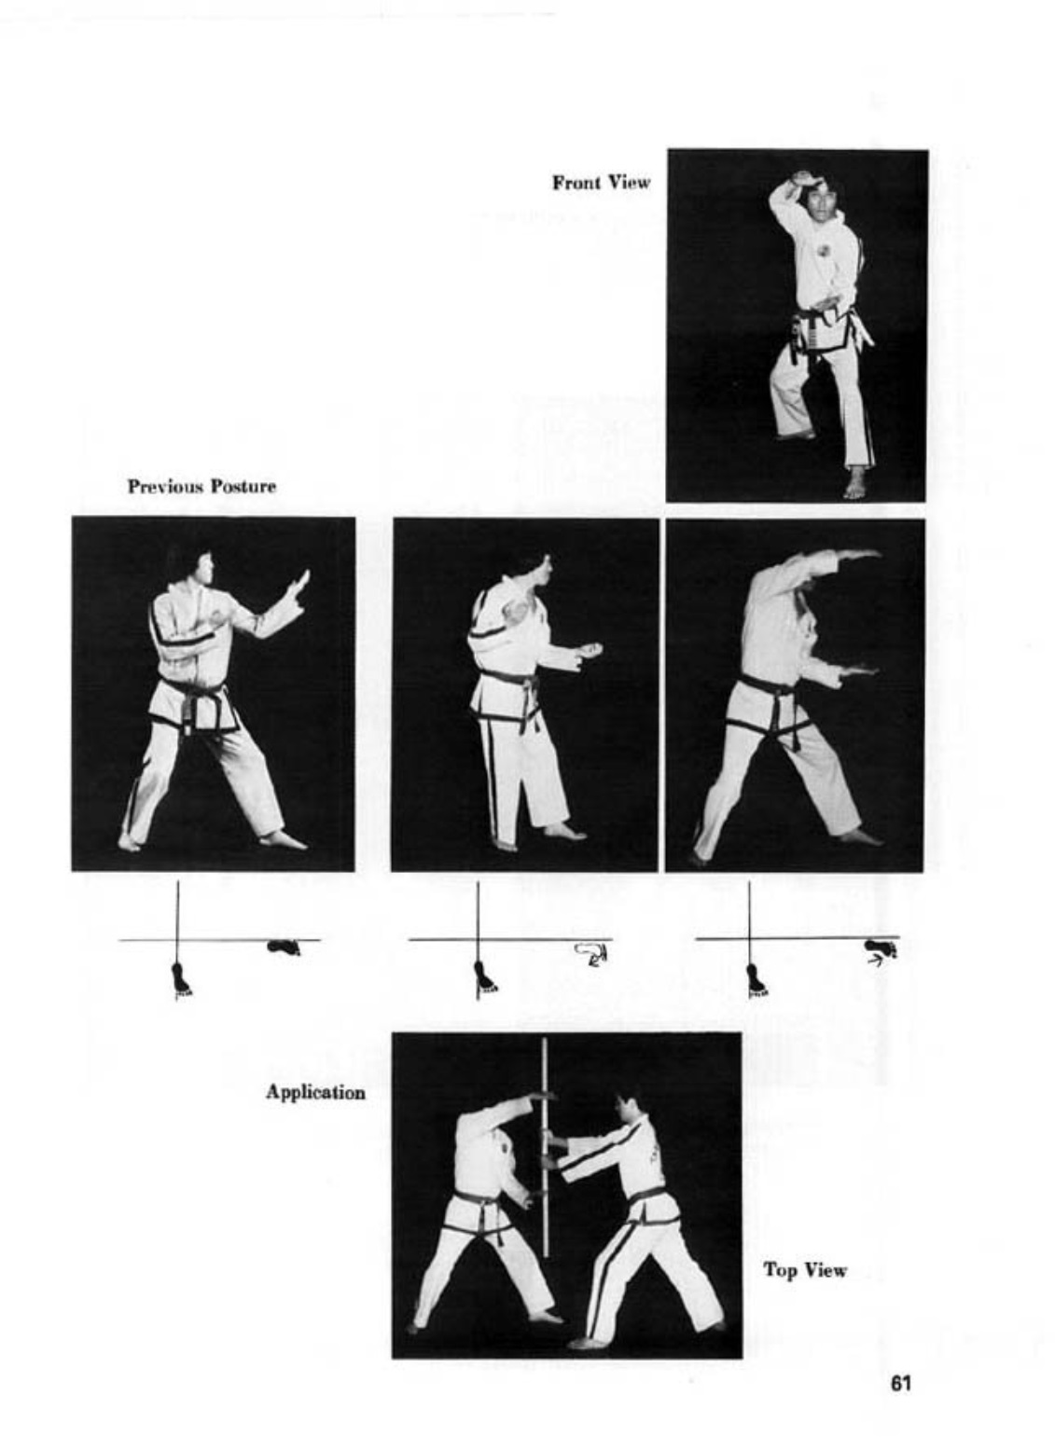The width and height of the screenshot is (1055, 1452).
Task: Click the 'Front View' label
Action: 601,183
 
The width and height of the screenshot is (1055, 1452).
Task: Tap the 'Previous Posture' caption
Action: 201,486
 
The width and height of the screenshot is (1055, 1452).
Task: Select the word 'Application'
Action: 316,1092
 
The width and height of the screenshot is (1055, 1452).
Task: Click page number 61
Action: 901,1384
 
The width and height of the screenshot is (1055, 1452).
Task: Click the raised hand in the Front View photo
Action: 802,178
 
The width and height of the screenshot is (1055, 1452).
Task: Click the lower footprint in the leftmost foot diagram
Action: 181,979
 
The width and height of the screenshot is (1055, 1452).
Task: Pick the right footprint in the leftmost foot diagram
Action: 284,947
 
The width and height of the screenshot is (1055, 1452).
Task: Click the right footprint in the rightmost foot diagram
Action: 881,948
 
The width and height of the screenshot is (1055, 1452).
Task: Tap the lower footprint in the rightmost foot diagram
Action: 757,979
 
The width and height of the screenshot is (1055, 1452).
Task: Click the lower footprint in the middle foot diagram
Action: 484,977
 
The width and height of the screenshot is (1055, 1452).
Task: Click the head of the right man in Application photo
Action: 631,1107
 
